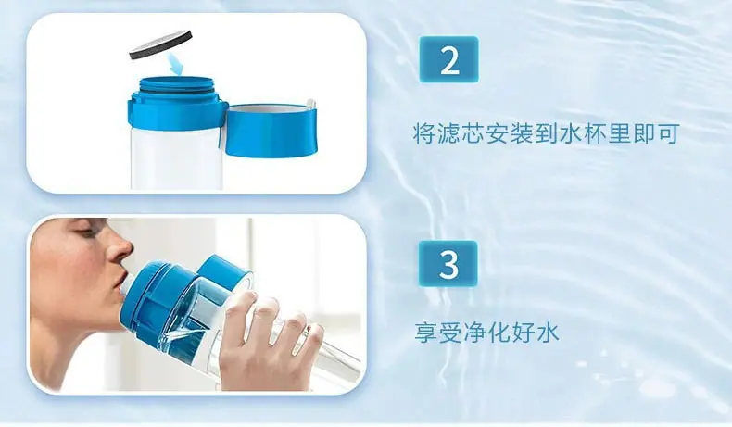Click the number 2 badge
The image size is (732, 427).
448,59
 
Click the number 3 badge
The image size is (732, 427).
448,264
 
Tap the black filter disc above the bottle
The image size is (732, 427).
160,44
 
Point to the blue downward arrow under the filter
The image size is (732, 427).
176,64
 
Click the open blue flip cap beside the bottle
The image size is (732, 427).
271,129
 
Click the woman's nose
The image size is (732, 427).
120,249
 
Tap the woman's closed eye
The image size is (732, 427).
85,231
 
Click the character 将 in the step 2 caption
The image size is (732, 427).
423,133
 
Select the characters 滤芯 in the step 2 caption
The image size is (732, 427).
461,133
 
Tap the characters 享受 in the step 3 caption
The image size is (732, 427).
437,333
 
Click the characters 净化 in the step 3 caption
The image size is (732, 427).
486,333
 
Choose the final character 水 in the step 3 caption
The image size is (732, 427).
548,333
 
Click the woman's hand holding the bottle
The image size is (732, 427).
264,342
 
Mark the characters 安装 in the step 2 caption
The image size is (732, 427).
509,133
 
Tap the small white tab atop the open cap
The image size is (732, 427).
310,104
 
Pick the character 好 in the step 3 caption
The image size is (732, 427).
523,333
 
